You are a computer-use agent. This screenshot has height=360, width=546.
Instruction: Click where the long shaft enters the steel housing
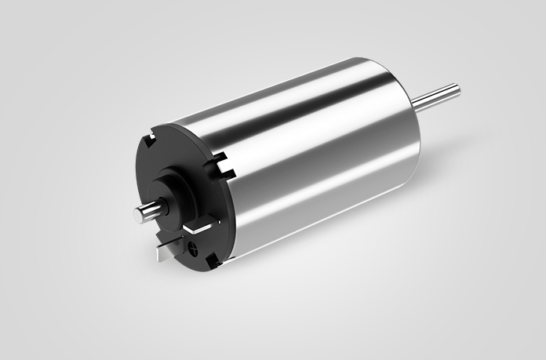(416, 106)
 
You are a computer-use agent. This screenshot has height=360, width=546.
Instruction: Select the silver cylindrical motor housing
(314, 157)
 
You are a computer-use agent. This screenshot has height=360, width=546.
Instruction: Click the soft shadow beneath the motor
(314, 251)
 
